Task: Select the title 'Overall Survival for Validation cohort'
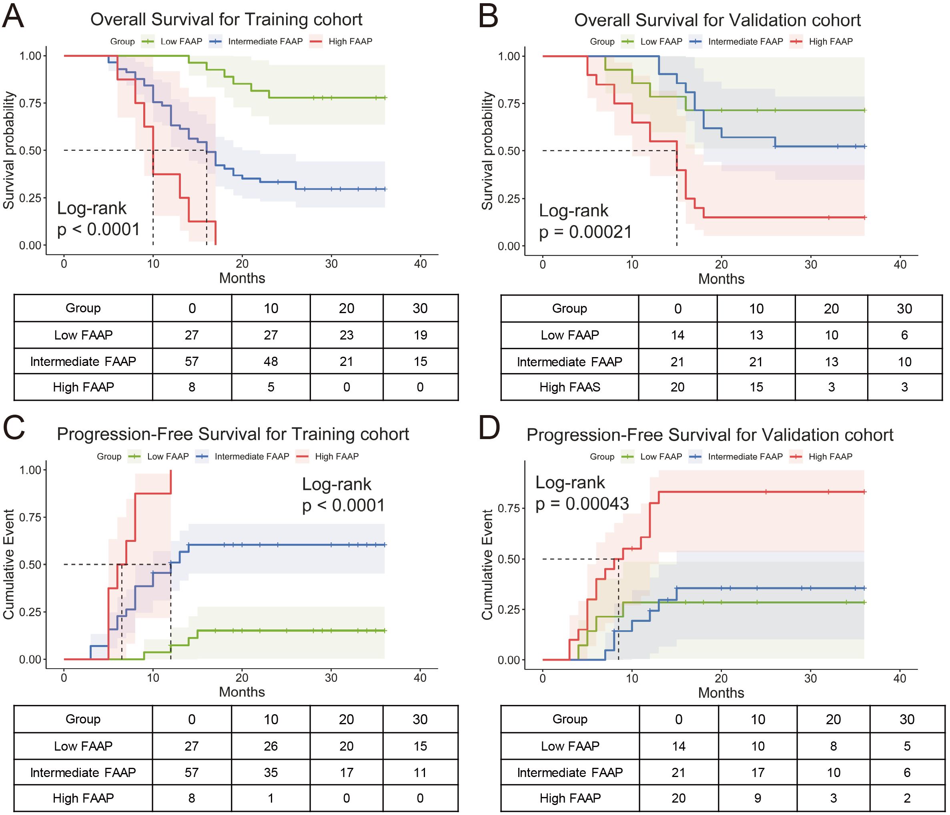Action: (x=717, y=20)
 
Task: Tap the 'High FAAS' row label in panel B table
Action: (x=569, y=388)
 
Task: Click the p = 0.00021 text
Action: (x=585, y=232)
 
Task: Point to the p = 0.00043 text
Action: (x=582, y=504)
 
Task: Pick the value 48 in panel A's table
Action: (x=271, y=362)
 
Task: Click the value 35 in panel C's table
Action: (x=271, y=772)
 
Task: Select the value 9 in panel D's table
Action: (x=758, y=799)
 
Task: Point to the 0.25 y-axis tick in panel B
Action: (x=509, y=199)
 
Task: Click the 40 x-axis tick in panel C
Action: (x=420, y=677)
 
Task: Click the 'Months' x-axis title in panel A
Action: (x=242, y=278)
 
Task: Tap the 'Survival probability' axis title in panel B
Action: (x=487, y=151)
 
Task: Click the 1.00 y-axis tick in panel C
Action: (x=30, y=470)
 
